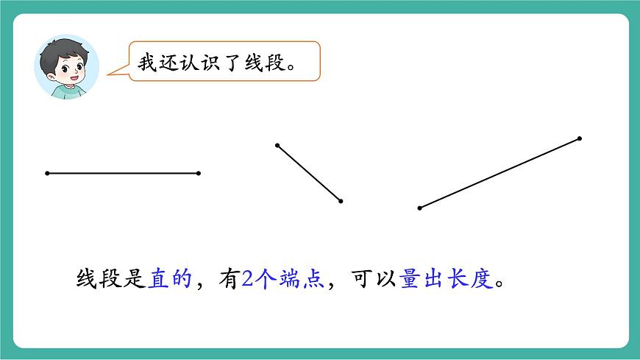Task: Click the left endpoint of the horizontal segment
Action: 47,174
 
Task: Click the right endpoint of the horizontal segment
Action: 199,174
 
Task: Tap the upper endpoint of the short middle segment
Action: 277,145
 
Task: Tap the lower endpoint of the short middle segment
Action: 341,201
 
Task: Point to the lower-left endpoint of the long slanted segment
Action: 419,208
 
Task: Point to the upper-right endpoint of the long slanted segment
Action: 580,138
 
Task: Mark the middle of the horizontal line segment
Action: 123,174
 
